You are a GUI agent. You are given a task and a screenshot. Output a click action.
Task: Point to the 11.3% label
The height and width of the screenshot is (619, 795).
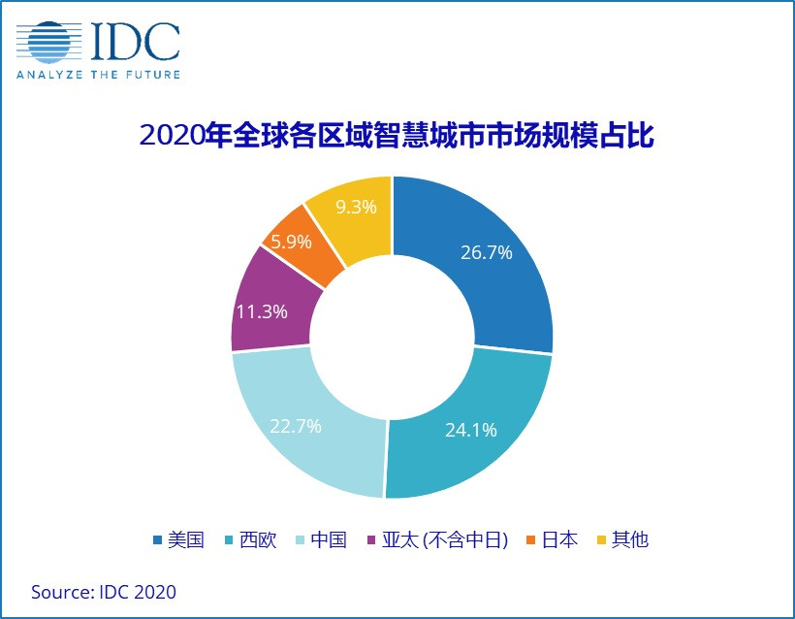click(260, 311)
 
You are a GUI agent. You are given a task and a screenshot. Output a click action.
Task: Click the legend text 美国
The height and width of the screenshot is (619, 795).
click(187, 540)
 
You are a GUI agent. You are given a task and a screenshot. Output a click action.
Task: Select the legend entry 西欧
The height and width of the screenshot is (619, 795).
click(259, 540)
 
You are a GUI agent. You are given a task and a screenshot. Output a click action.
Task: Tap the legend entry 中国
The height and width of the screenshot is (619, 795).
click(330, 540)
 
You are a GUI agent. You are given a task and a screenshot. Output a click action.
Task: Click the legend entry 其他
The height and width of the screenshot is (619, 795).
click(631, 540)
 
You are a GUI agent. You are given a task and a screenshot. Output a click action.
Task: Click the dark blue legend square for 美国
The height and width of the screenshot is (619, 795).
click(158, 540)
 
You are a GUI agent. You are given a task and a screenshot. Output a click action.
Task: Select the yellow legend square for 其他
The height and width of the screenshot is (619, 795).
click(602, 540)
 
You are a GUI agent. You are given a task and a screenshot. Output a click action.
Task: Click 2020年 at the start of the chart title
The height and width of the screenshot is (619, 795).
click(180, 134)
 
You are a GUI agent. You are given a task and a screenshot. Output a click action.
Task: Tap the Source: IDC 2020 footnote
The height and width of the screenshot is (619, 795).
click(104, 592)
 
